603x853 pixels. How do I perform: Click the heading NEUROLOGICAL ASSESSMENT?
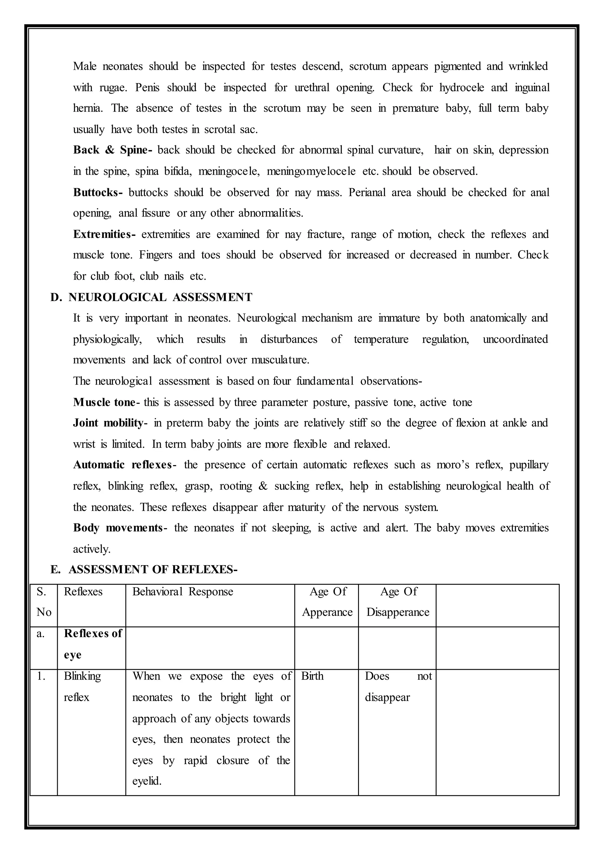160,297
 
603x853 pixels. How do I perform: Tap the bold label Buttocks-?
98,192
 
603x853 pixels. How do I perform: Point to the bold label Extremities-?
104,234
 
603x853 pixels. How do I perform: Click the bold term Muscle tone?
104,402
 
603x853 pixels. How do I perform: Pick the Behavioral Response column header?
183,592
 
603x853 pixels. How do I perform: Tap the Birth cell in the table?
312,676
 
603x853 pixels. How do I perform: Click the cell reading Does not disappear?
398,687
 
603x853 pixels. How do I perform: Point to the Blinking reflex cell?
82,687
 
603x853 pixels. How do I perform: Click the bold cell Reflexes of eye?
92,644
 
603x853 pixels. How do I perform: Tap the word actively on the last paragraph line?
91,549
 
